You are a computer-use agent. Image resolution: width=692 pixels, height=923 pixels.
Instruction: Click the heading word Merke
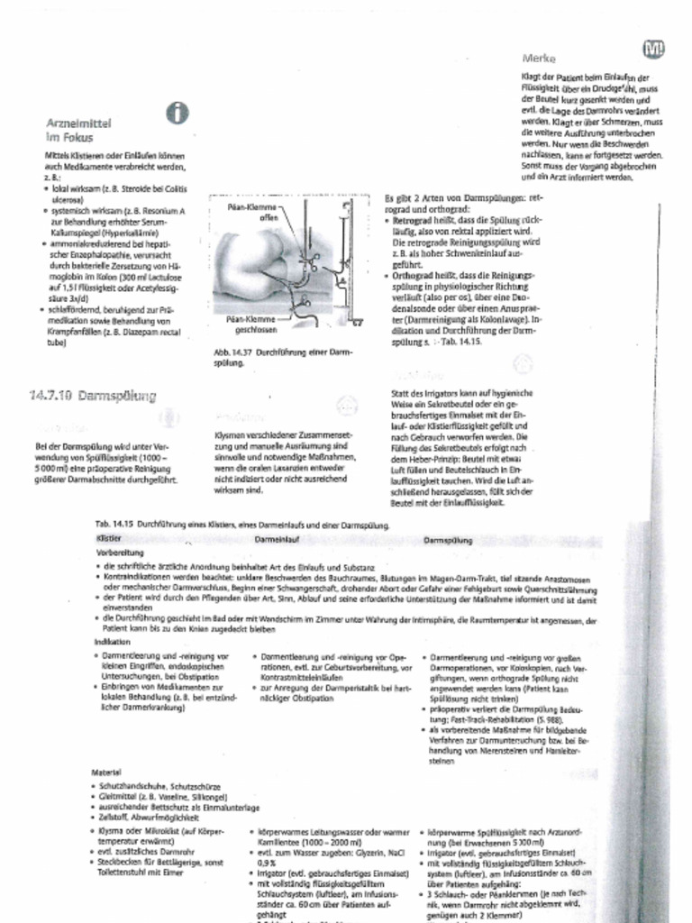538,58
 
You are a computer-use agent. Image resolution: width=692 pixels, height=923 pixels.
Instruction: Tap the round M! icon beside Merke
653,50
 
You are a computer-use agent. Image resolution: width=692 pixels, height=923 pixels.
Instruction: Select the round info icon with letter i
178,113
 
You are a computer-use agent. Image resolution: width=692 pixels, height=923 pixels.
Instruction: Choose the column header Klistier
108,538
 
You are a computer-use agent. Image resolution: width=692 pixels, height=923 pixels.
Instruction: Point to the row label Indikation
112,642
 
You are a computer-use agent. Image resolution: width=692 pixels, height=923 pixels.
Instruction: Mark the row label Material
106,772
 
